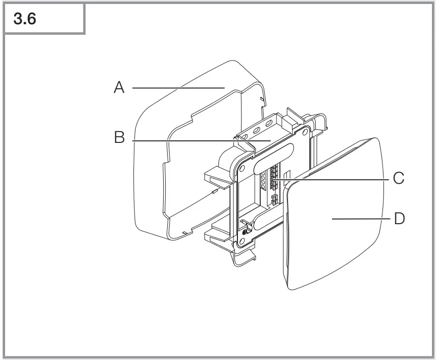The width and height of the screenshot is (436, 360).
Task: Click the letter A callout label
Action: pos(119,88)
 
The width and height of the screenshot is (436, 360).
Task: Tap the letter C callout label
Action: pos(399,179)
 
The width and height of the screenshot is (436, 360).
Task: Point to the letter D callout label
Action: pos(399,219)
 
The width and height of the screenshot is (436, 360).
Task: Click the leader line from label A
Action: pos(177,88)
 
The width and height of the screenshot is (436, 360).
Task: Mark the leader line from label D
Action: pos(359,219)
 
